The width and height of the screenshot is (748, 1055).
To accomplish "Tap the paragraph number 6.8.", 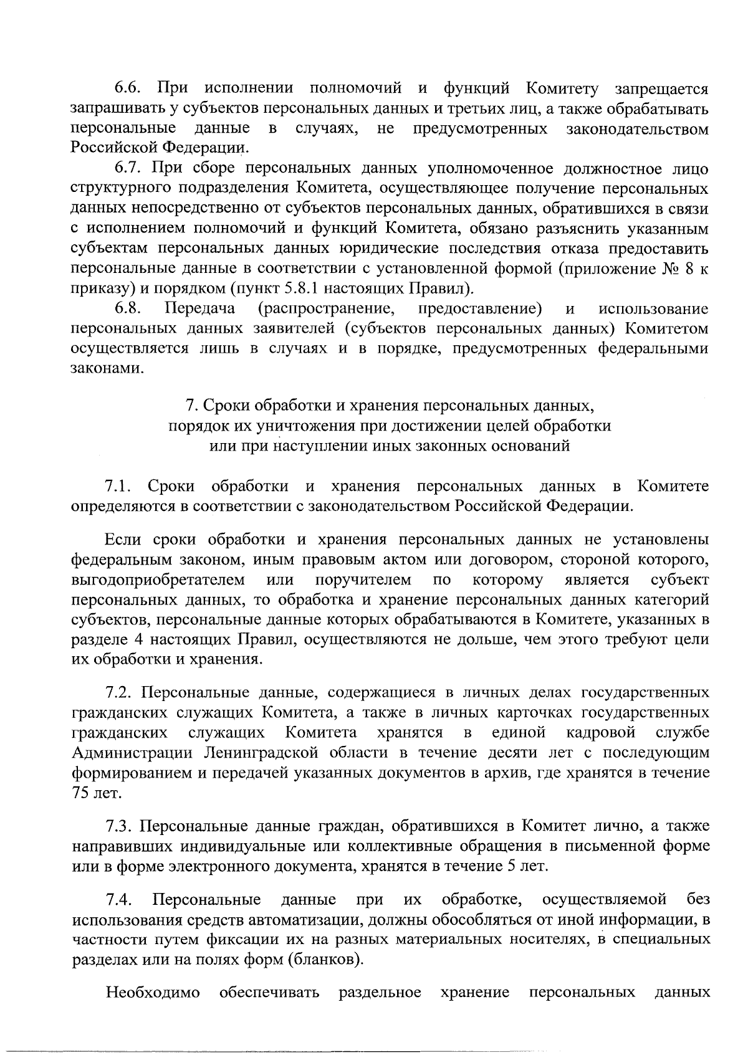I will coord(129,308).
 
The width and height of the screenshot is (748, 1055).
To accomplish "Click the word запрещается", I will coord(661,89).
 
